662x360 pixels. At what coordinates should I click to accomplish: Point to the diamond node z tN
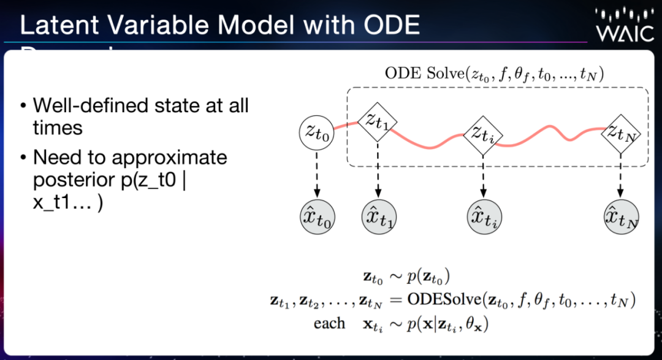coord(621,131)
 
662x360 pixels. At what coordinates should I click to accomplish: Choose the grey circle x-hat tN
coord(621,218)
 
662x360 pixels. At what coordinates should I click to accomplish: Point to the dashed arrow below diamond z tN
coord(621,175)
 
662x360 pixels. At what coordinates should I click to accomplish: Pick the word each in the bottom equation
coord(329,323)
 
